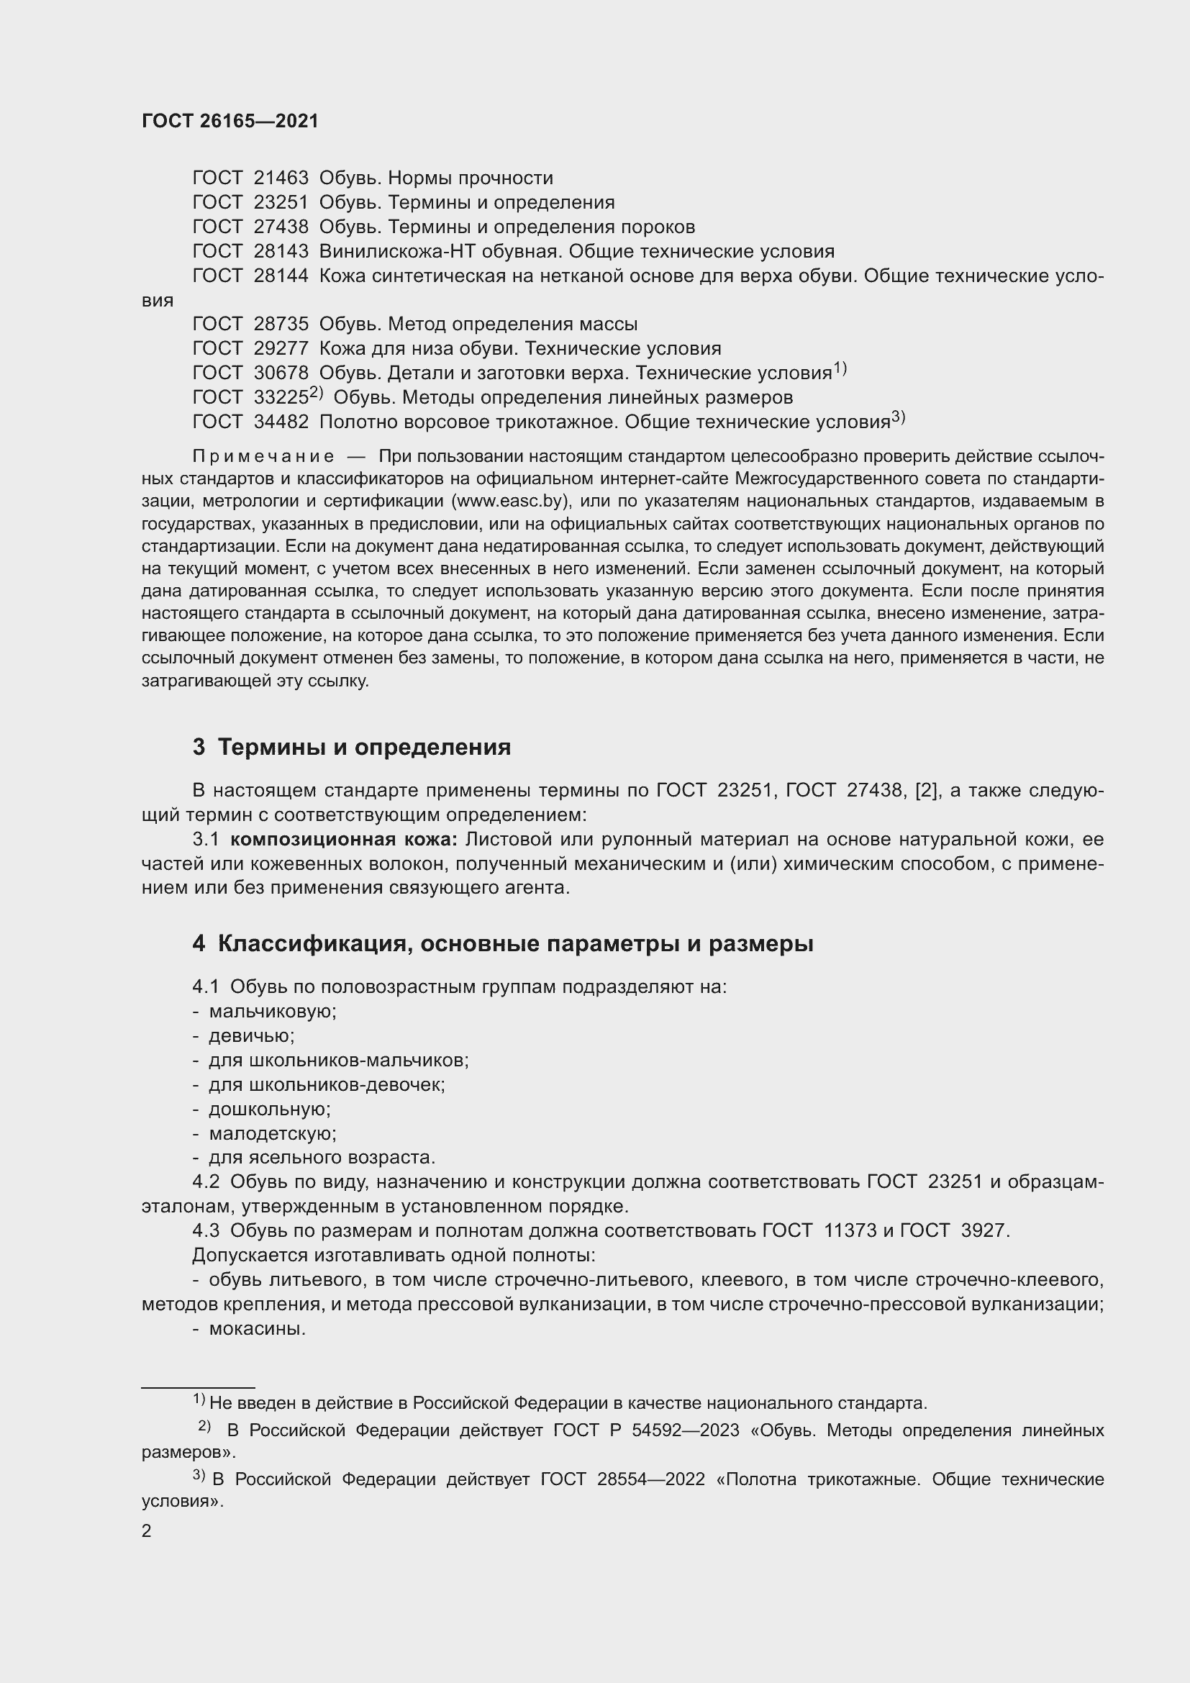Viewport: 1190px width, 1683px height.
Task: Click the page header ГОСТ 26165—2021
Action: coord(230,122)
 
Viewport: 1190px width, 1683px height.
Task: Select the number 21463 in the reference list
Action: coord(281,178)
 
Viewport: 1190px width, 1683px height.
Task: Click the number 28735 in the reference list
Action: coord(281,324)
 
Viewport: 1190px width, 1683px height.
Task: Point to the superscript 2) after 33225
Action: coord(316,393)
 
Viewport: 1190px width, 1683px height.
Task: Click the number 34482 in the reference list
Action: coord(281,422)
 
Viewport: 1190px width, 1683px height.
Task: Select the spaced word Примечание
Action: coord(263,457)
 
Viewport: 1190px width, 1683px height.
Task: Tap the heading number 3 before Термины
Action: coord(199,747)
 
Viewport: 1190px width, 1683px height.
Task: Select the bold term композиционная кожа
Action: coord(344,839)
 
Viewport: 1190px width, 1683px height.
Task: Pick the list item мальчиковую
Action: coord(273,1012)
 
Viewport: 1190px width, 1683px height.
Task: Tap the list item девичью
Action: coord(251,1035)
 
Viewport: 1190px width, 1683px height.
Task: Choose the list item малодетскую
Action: coord(273,1133)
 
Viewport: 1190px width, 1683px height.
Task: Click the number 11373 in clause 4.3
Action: coord(850,1230)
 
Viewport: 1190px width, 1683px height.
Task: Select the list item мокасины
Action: coord(257,1328)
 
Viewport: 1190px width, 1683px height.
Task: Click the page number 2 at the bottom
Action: coord(147,1530)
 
